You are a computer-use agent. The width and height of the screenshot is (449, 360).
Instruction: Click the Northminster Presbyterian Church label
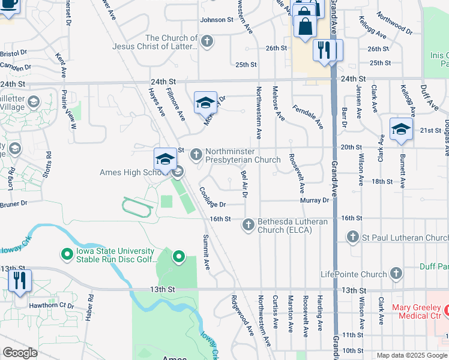click(x=243, y=155)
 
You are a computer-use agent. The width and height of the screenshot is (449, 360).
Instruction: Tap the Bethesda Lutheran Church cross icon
click(x=249, y=226)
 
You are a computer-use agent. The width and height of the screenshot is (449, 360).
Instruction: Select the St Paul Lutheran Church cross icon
click(x=353, y=238)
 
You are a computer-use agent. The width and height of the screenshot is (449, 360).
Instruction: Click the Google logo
click(x=19, y=353)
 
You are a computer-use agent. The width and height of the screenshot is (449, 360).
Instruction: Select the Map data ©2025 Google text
click(x=412, y=355)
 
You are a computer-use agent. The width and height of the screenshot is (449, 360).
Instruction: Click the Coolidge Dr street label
click(x=212, y=197)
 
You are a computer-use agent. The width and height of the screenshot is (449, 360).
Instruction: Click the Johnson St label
click(x=217, y=20)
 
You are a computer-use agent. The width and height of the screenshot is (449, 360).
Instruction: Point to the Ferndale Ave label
click(x=307, y=117)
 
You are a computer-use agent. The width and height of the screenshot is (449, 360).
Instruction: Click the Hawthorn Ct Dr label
click(x=54, y=305)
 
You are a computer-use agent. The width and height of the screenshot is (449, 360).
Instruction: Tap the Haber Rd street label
click(x=89, y=307)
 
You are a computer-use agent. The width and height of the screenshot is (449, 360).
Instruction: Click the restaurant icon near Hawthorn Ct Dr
click(x=20, y=281)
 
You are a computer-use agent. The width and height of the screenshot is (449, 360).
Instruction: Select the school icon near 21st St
click(x=401, y=129)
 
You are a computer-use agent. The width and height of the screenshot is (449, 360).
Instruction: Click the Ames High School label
click(x=129, y=173)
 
